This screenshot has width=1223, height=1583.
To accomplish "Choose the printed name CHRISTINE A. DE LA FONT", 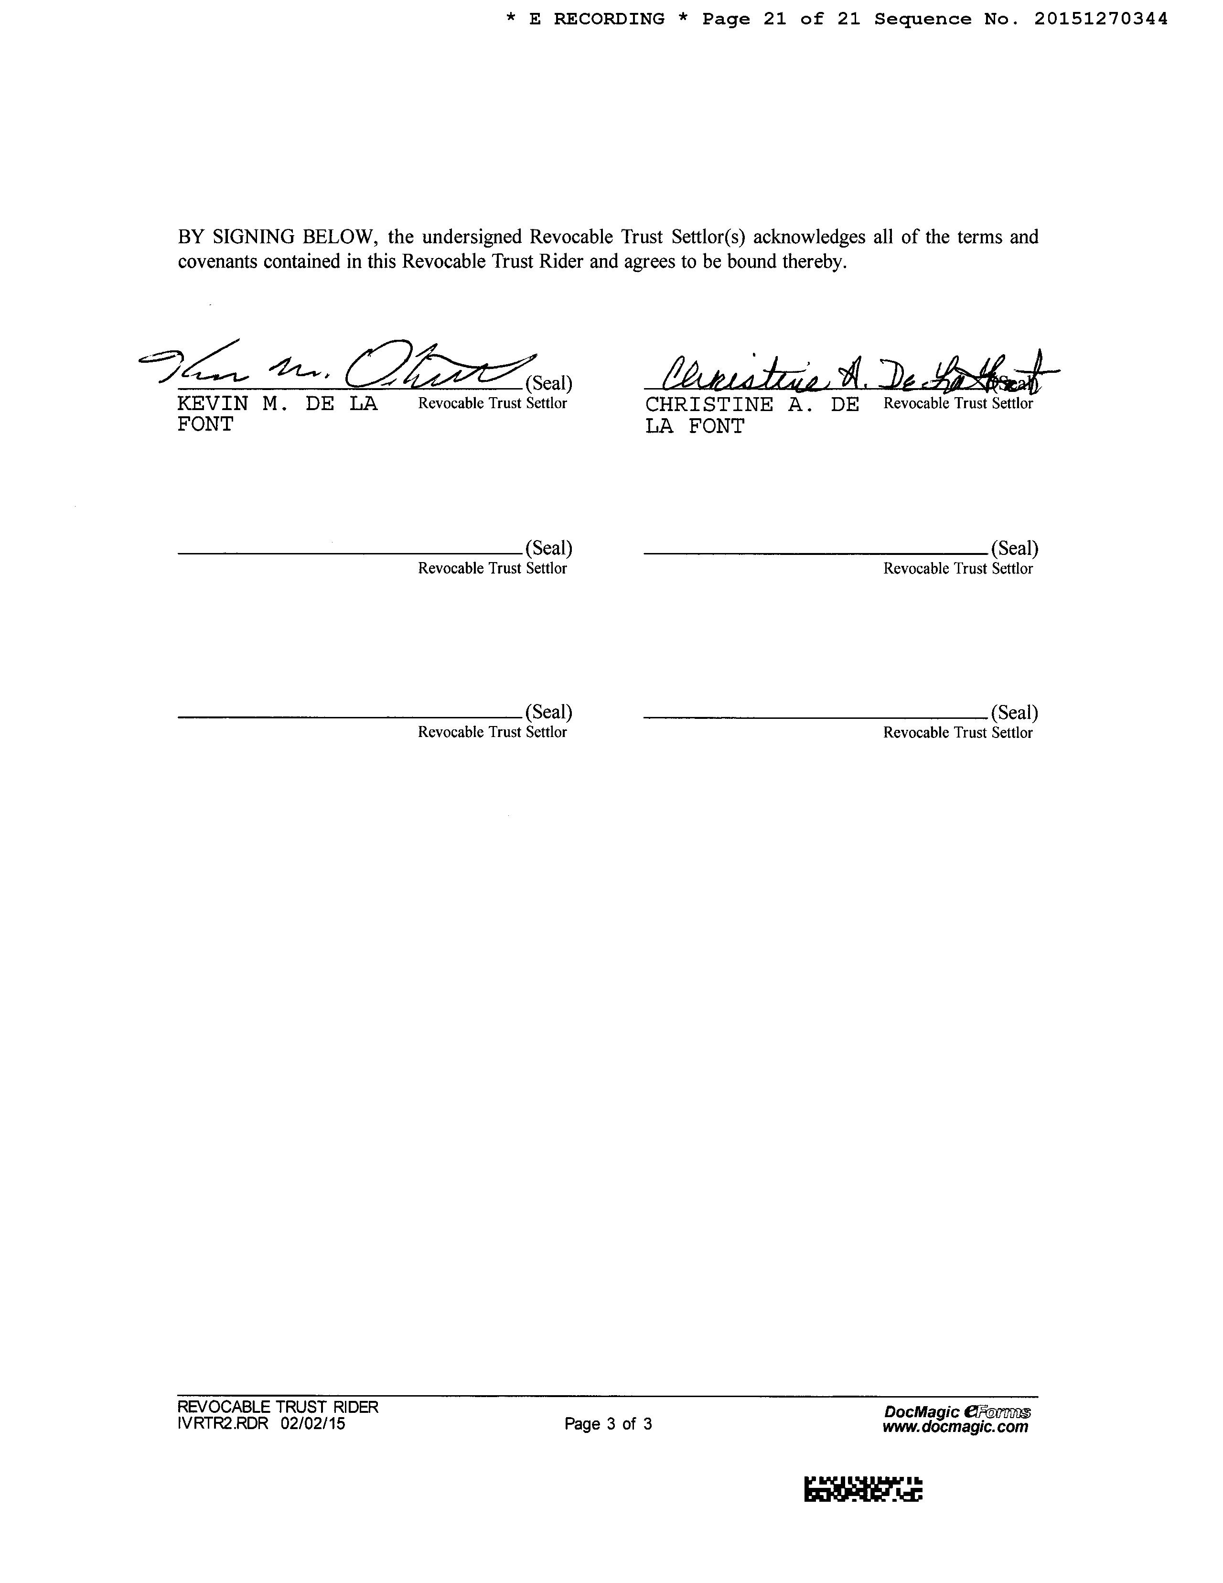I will coord(751,415).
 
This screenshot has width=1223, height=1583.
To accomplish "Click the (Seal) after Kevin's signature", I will coord(548,383).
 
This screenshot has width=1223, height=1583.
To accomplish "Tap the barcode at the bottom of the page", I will coord(863,1489).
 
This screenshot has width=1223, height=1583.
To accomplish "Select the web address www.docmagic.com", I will coord(955,1427).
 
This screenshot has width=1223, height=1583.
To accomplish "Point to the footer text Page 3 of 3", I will coord(608,1423).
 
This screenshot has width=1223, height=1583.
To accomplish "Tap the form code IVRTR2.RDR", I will coord(223,1423).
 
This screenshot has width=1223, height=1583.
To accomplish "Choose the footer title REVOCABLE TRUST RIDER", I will coord(278,1407).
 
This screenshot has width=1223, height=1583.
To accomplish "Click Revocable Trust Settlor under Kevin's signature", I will coord(492,404).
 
